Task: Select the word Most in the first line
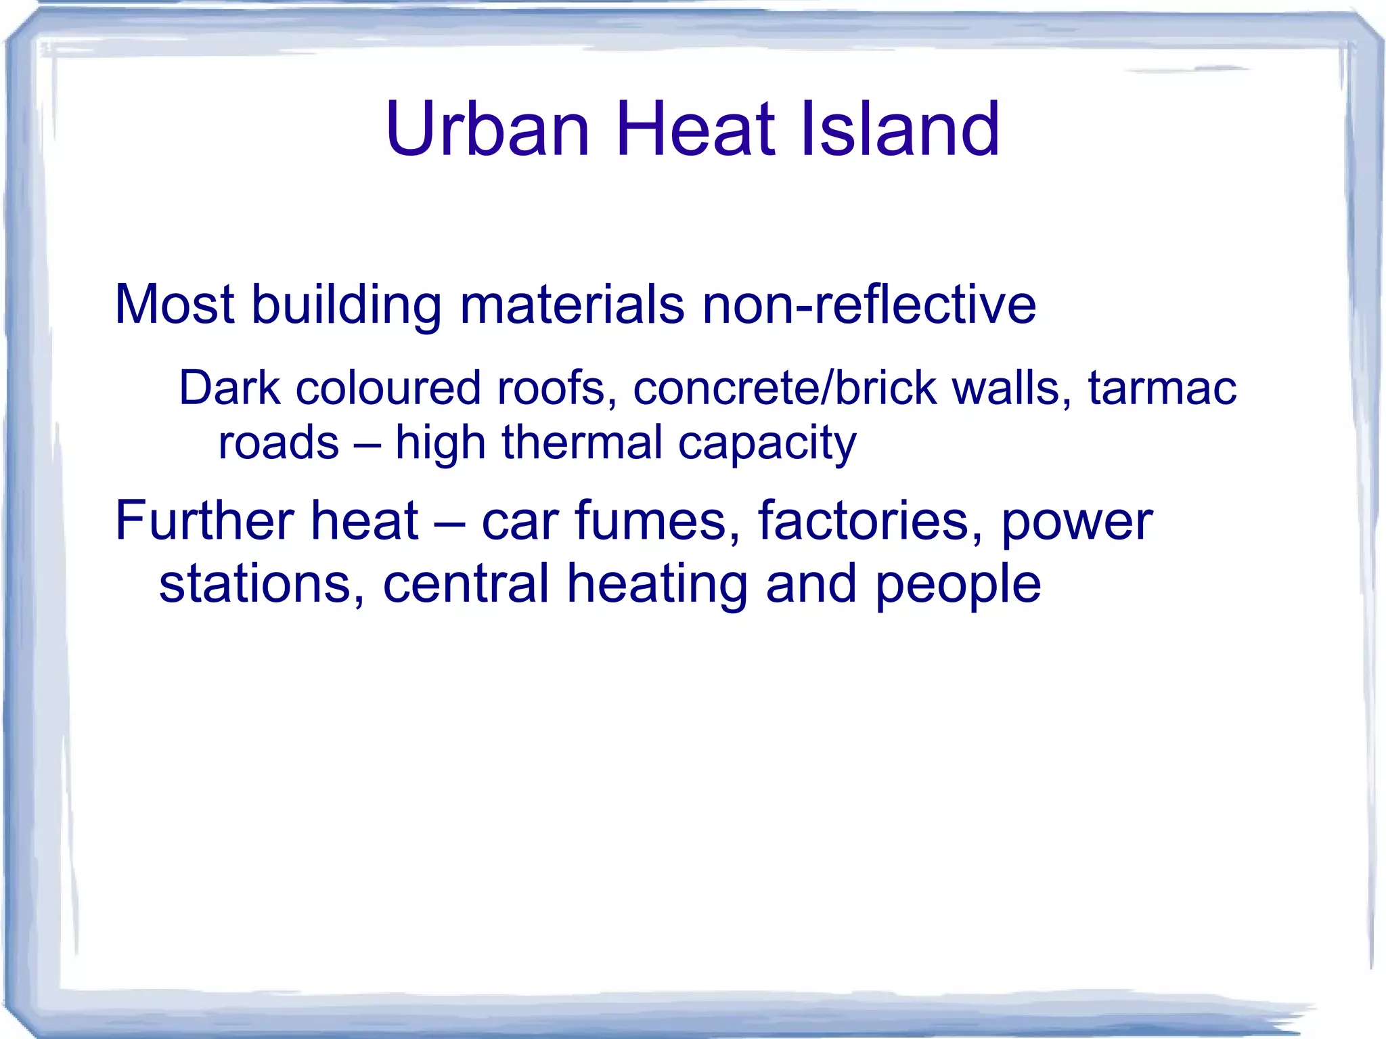pyautogui.click(x=175, y=304)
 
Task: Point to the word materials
pyautogui.click(x=572, y=304)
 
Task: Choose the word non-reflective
pyautogui.click(x=869, y=304)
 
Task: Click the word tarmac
pyautogui.click(x=1162, y=388)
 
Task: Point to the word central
pyautogui.click(x=466, y=583)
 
